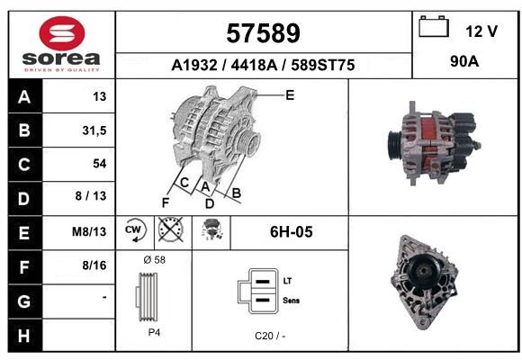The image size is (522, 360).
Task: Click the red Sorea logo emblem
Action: [x=62, y=33]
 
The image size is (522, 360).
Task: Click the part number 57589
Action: [x=263, y=33]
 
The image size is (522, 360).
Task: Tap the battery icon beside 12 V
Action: [x=434, y=26]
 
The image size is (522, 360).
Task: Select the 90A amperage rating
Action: [x=464, y=61]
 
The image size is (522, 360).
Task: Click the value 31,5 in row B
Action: [x=94, y=130]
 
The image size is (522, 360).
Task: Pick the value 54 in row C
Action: [x=100, y=164]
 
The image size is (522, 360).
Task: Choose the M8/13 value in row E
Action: [x=89, y=231]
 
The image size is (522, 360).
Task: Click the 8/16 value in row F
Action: [x=94, y=265]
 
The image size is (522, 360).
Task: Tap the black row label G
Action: [x=25, y=301]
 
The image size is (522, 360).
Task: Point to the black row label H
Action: [x=25, y=336]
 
